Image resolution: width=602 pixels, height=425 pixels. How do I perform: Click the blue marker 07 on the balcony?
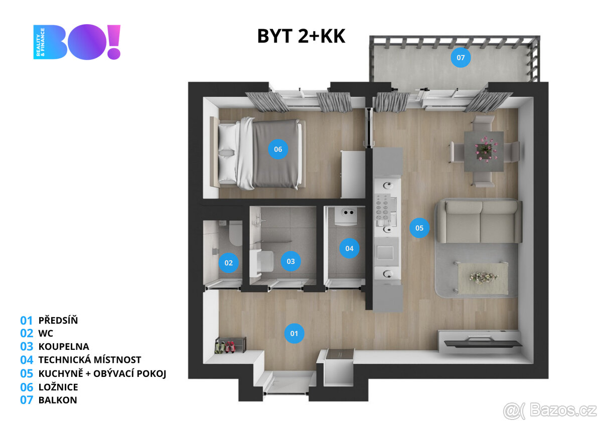461,58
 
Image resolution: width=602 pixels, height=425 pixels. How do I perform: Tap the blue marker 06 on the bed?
278,149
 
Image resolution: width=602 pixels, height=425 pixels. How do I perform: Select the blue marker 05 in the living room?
419,228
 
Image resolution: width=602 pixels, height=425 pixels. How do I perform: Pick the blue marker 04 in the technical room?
349,248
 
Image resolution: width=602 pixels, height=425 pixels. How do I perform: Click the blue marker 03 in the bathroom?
290,261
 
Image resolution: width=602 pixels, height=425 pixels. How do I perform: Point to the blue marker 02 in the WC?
229,263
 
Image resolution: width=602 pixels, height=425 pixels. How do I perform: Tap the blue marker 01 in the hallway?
294,333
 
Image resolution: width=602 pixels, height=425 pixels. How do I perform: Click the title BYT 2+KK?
301,36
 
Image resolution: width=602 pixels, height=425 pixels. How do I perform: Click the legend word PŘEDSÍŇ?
58,320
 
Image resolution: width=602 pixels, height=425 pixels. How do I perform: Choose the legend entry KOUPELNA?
64,346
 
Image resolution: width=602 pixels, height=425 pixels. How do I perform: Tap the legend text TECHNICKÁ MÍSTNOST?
90,360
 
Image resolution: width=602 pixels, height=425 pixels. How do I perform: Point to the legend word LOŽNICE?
58,387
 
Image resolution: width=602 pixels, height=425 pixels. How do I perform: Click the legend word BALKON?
58,400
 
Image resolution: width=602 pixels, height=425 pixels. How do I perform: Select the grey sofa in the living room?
479,221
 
